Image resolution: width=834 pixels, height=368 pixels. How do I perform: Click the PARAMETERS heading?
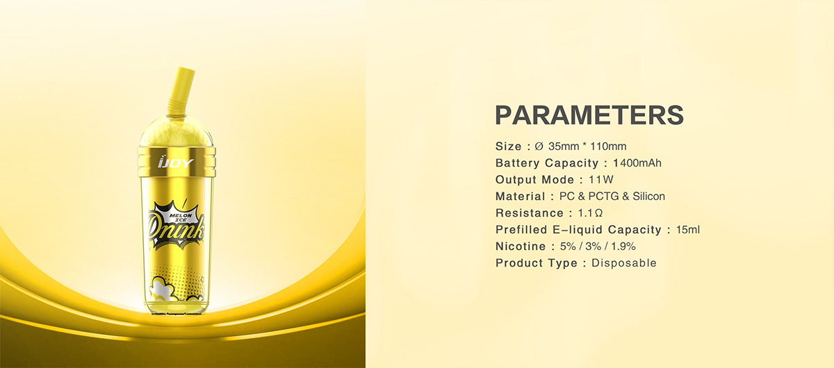(x=589, y=115)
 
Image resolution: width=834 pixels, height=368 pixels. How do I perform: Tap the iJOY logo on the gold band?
(x=176, y=162)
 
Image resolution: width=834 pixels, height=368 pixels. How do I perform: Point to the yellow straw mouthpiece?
(x=180, y=92)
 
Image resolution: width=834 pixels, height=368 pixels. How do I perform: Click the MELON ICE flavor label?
(x=181, y=217)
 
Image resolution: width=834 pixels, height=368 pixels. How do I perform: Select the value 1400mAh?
(x=637, y=163)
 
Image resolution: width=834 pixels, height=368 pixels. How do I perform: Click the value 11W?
(x=601, y=180)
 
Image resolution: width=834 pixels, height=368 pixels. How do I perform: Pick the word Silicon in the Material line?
(x=648, y=196)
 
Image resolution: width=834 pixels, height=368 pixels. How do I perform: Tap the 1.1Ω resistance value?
(x=590, y=213)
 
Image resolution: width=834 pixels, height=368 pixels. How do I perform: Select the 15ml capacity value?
(x=688, y=230)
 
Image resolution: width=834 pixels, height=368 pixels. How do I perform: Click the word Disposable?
(x=623, y=263)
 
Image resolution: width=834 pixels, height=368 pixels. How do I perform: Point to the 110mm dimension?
(x=608, y=147)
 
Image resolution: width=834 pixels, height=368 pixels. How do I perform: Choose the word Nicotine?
(x=521, y=246)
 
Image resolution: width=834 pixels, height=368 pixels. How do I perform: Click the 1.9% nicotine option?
(x=623, y=246)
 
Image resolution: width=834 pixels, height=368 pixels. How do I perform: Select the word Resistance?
(x=530, y=213)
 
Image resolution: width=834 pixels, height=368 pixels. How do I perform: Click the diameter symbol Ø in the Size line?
(x=539, y=147)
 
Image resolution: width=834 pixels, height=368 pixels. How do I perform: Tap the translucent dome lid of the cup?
(x=177, y=131)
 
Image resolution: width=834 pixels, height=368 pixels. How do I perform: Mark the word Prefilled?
(x=521, y=230)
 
